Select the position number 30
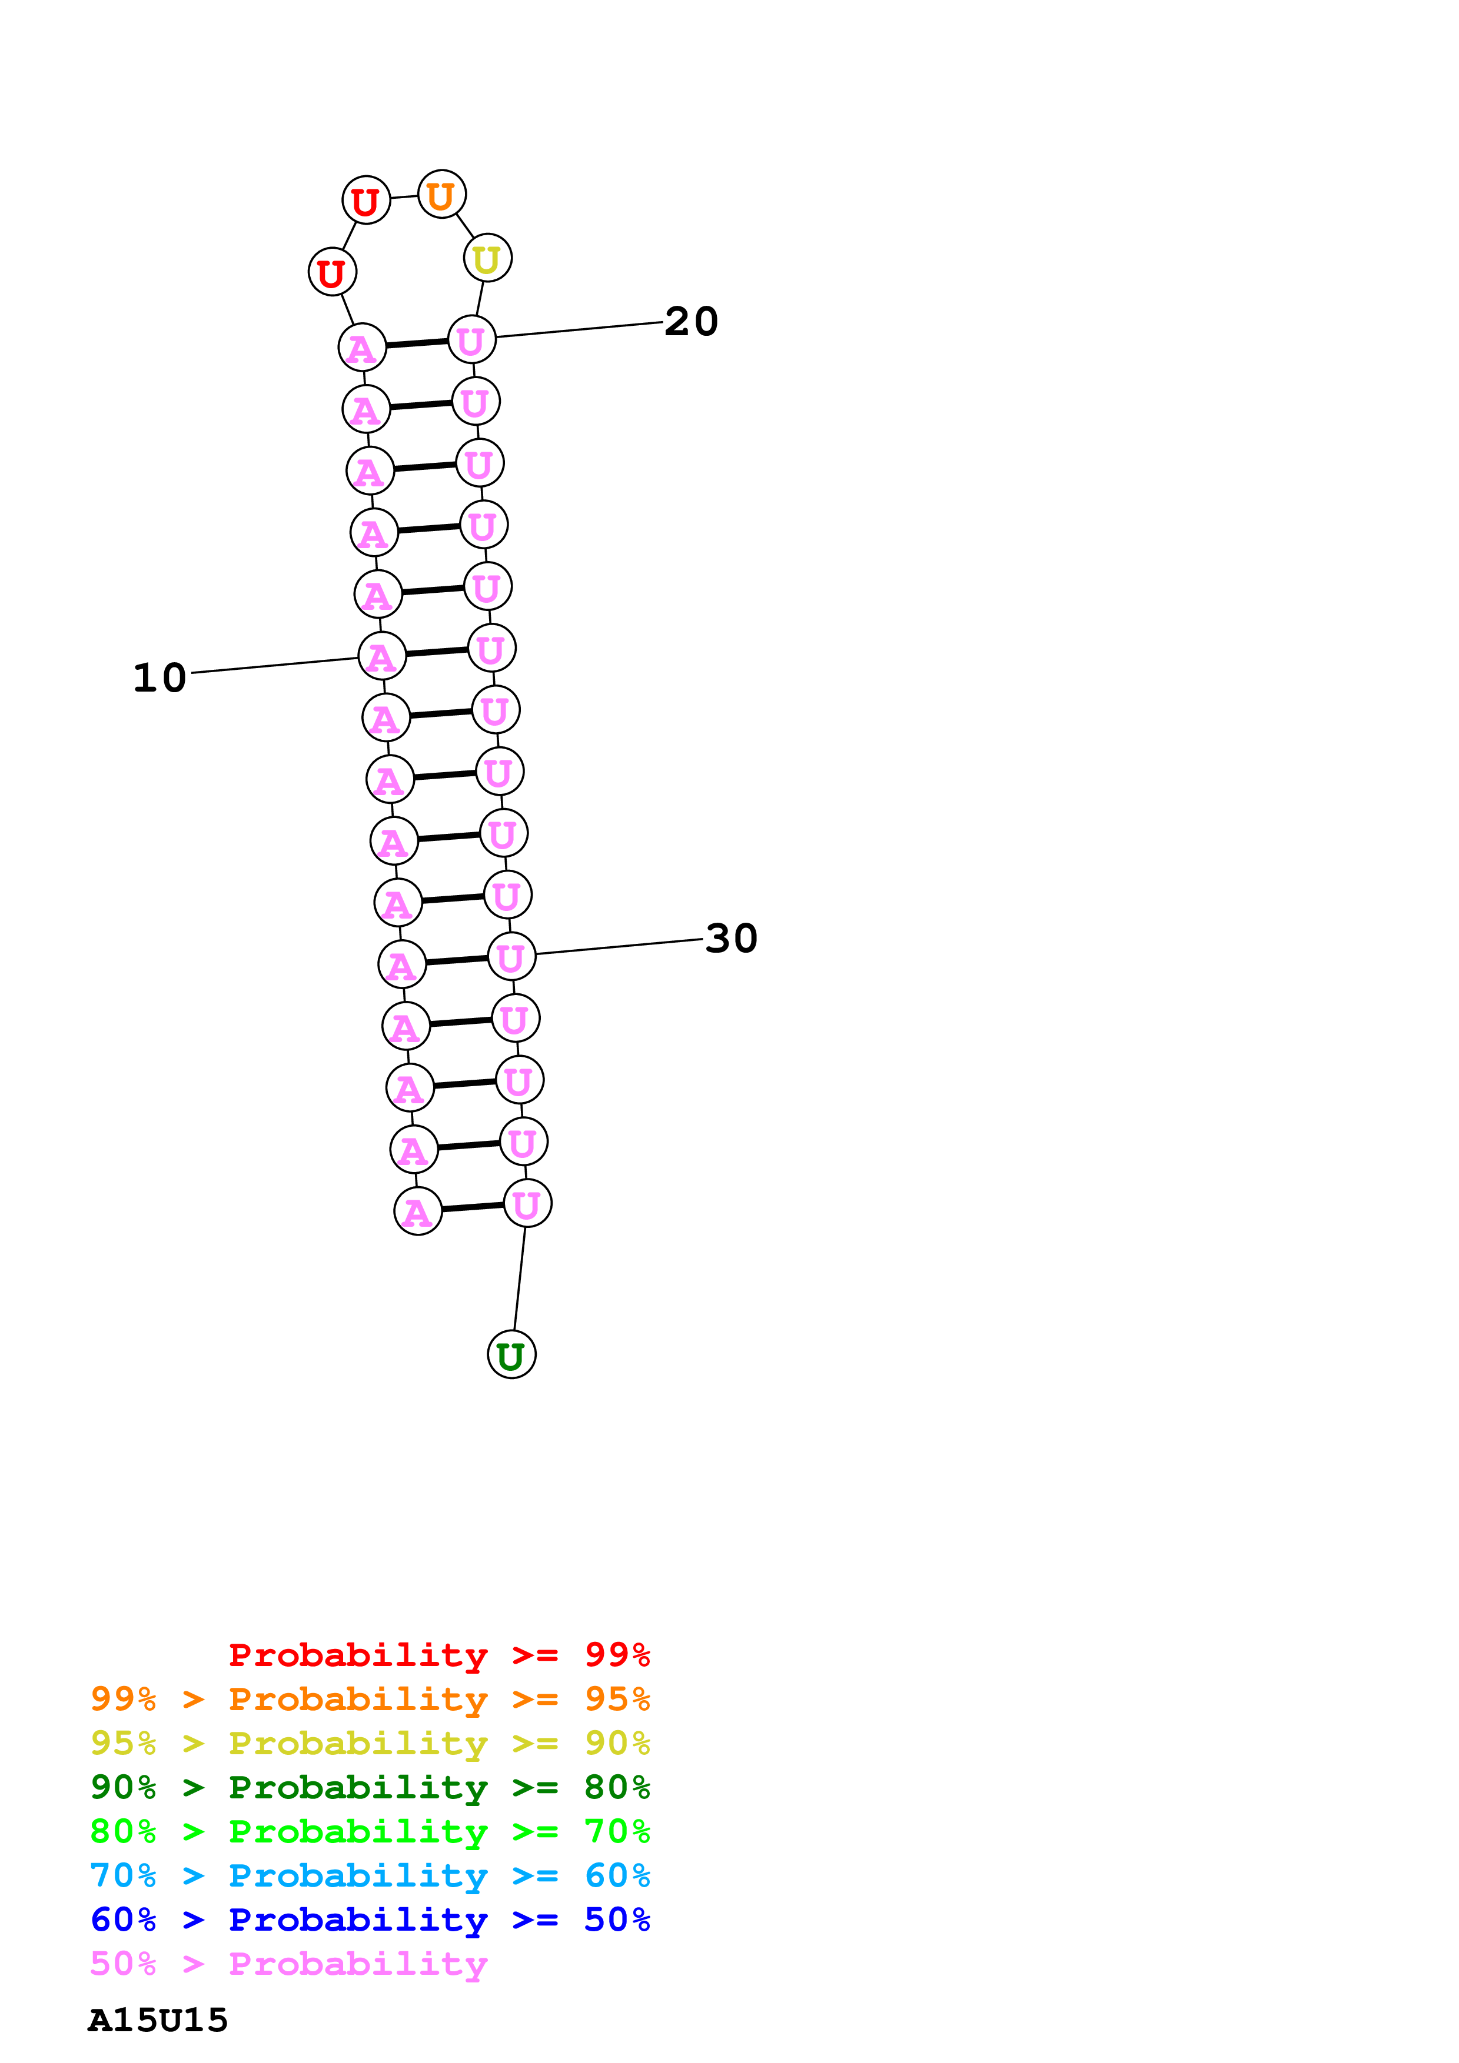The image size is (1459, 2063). coord(732,938)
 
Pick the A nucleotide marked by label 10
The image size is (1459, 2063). coord(382,657)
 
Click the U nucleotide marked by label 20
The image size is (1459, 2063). coord(472,340)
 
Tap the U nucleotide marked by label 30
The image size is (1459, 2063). coord(511,957)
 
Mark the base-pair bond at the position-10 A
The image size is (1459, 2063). coord(437,652)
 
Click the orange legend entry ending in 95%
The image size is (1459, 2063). coord(370,1698)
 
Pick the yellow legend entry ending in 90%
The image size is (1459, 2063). coord(370,1743)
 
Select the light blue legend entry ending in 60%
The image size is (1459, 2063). coord(370,1875)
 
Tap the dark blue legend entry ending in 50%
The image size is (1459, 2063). coord(370,1920)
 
